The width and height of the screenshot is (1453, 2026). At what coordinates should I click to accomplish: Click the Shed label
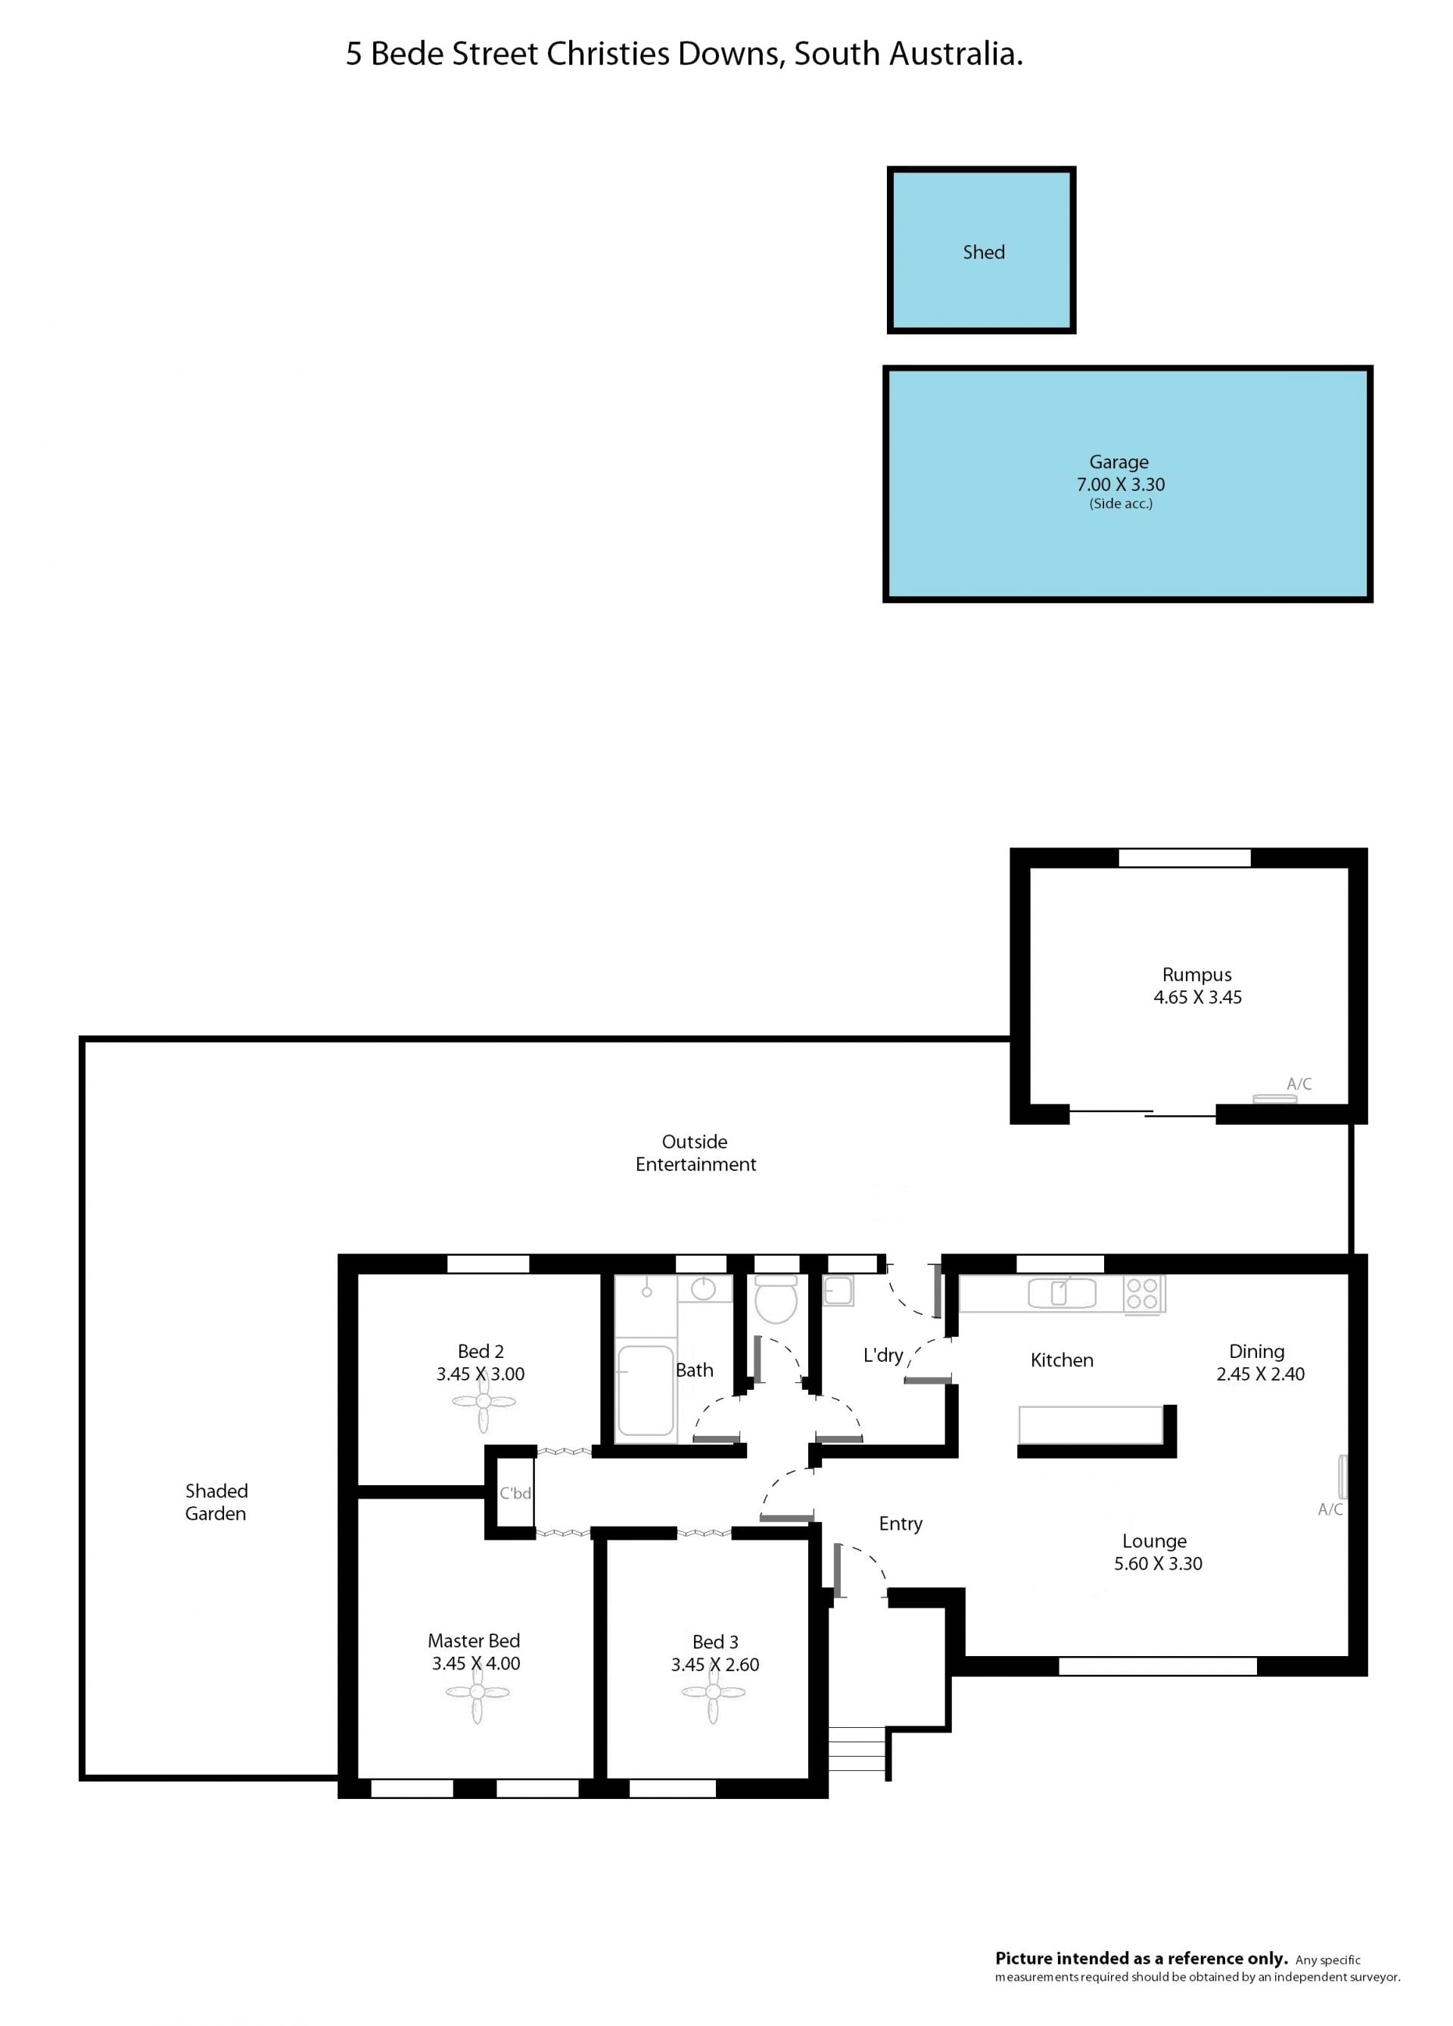[983, 253]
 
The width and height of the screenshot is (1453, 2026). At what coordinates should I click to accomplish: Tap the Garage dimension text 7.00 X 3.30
[1121, 484]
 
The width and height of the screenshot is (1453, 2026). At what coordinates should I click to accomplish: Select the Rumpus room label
[1196, 974]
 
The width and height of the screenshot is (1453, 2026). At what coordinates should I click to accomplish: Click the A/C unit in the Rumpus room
[1274, 1098]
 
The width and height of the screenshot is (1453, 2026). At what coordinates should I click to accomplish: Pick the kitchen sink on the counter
[1062, 1293]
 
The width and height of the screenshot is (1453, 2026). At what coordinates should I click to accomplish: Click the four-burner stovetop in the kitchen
[1143, 1294]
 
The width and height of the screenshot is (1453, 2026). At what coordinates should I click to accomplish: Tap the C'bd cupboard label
[515, 1493]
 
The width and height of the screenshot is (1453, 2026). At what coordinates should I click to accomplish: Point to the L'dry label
[883, 1355]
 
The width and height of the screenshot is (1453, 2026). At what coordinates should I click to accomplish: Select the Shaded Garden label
[216, 1502]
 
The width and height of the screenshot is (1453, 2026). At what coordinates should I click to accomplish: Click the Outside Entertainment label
[695, 1152]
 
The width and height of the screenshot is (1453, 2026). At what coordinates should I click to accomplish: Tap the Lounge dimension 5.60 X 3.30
[1158, 1563]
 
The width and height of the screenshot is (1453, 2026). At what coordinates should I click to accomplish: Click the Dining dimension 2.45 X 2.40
[1260, 1374]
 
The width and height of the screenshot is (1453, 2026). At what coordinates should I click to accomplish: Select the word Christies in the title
[608, 54]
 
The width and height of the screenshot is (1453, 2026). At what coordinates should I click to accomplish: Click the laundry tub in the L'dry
[837, 1291]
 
